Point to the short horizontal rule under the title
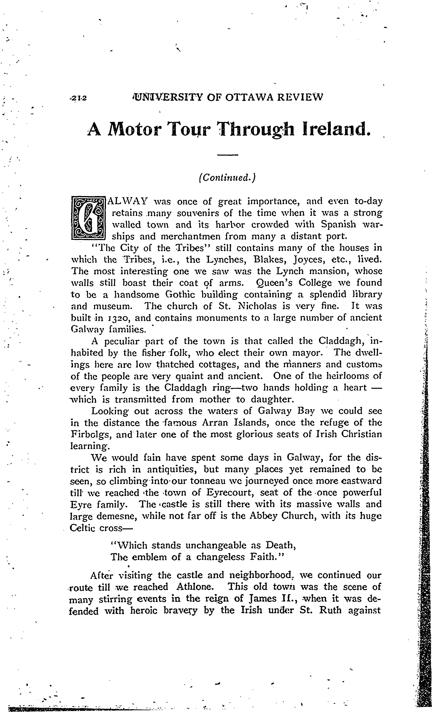pyautogui.click(x=227, y=155)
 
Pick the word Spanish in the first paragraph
pyautogui.click(x=338, y=224)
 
